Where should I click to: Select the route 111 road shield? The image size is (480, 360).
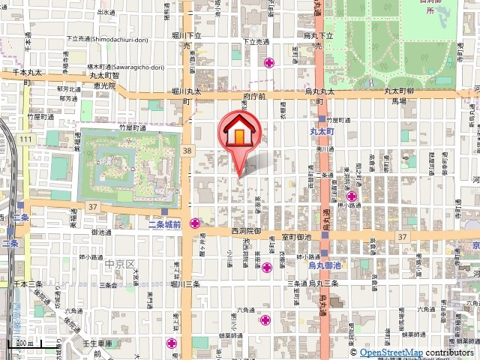[26, 139]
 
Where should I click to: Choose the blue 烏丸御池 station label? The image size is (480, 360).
[324, 265]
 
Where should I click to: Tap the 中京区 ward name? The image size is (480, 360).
[119, 265]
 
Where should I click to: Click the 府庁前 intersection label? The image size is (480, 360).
[255, 97]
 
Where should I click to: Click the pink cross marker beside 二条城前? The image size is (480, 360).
[195, 223]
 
